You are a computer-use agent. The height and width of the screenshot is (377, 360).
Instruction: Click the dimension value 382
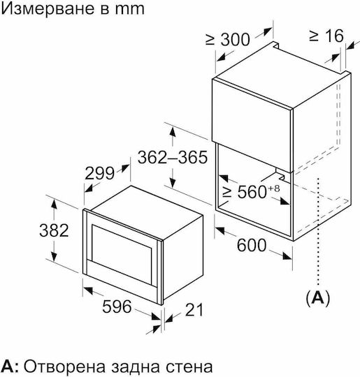[54, 230]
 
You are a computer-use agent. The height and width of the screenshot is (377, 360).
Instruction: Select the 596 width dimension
[117, 306]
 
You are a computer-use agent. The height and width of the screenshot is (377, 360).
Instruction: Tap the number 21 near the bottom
[194, 310]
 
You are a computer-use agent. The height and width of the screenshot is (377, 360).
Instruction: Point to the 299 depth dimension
[99, 173]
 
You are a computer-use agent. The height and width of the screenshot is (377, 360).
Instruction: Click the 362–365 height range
[173, 158]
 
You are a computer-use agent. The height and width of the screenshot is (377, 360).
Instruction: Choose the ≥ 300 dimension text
[228, 39]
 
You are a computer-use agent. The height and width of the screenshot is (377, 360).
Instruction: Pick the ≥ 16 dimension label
[326, 36]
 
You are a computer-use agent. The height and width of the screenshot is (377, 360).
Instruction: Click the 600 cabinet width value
[252, 245]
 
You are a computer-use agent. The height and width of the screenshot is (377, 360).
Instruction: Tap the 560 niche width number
[252, 191]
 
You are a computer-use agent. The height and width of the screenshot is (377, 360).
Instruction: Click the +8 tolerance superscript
[273, 188]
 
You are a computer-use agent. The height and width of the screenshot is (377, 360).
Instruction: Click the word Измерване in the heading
[45, 9]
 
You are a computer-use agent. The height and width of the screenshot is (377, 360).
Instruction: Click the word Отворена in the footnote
[65, 367]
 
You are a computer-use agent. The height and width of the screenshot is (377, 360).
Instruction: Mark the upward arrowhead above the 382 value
[54, 205]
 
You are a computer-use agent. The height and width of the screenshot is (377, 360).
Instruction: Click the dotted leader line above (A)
[318, 232]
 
